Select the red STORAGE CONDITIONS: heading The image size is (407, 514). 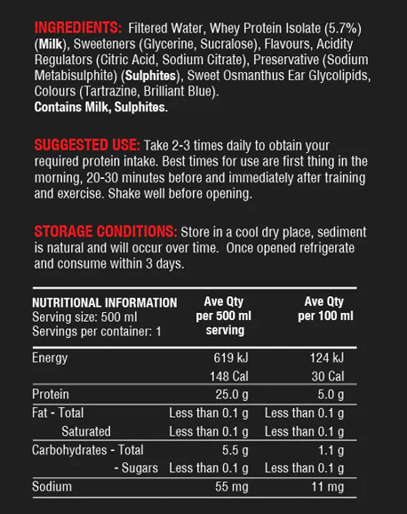pos(105,232)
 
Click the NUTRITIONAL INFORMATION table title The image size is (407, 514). pos(104,303)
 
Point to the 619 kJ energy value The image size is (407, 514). pos(231,358)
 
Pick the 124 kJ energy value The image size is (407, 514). pos(327,358)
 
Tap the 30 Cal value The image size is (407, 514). pos(328,376)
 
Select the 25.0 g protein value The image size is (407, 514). pos(232,395)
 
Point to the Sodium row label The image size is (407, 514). pos(52,486)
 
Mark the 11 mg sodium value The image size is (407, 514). pos(329,486)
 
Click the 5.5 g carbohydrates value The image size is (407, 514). pos(235,450)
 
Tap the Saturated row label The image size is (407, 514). pos(86,431)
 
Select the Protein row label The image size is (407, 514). pos(50,395)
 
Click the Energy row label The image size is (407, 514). pos(50,358)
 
